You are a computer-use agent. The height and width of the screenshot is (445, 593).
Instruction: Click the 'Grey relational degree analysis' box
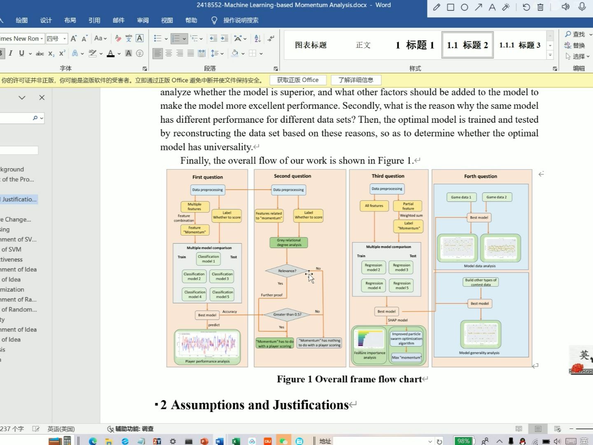tap(289, 243)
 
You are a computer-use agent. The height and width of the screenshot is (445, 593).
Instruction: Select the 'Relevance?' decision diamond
tap(287, 271)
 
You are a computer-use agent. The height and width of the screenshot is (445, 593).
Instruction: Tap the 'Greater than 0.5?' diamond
tap(287, 314)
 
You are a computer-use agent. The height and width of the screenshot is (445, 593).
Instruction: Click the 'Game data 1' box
tap(461, 197)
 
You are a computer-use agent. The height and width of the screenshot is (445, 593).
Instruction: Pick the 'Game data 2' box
tap(496, 197)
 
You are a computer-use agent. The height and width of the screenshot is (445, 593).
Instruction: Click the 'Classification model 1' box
tap(208, 259)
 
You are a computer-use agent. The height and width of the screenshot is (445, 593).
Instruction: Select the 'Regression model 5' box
tap(402, 286)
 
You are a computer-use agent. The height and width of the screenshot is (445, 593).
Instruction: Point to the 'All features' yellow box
tap(374, 206)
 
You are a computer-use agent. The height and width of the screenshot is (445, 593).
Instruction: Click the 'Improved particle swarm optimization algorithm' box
tap(406, 338)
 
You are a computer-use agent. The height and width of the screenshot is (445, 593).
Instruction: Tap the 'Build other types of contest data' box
tap(481, 282)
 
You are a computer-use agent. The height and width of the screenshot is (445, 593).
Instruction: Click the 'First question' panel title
tap(208, 177)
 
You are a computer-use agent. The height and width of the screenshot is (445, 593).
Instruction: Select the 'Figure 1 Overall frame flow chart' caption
tap(349, 379)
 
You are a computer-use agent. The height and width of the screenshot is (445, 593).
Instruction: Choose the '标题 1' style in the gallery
tap(415, 45)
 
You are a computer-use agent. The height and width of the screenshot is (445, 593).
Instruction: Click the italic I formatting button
tap(11, 53)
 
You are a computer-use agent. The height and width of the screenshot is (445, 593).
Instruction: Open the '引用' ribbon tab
tap(94, 20)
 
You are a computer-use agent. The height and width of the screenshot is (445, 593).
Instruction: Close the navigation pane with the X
tap(42, 98)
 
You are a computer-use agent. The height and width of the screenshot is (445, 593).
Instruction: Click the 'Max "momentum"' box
tap(406, 357)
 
